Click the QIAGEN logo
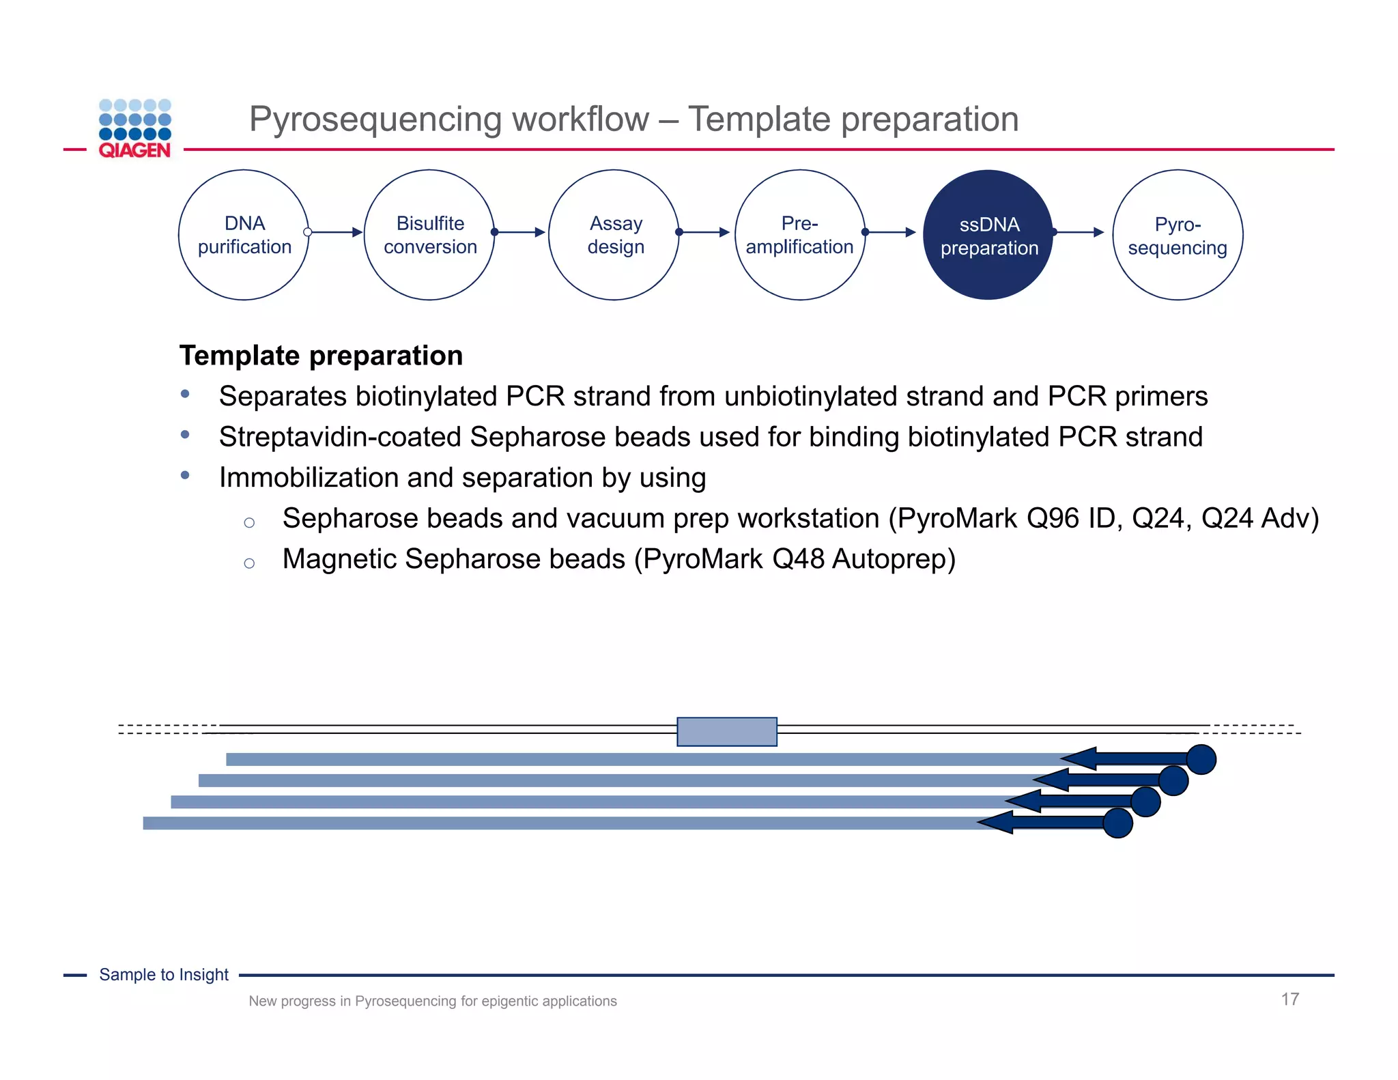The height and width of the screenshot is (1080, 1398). coord(134,129)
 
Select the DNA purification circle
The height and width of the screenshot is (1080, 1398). coord(244,235)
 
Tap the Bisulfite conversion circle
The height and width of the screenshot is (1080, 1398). coord(429,235)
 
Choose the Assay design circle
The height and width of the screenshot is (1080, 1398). coord(614,235)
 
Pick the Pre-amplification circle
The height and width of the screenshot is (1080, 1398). coord(799,235)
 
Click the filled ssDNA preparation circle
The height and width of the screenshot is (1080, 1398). coord(988,235)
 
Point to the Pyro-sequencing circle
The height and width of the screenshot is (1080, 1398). coord(1177,235)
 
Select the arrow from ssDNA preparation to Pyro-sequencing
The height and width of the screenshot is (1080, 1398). coord(1079,232)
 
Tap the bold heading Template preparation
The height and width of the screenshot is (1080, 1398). coord(321,356)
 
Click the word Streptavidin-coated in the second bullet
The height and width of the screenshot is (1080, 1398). coord(340,437)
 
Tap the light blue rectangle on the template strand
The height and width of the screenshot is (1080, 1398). coord(726,731)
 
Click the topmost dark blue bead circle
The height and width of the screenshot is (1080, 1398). coord(1201,759)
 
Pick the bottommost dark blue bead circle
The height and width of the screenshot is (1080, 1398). coord(1117,823)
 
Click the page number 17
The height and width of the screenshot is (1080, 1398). coord(1289,999)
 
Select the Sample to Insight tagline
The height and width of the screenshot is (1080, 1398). coord(164,975)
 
